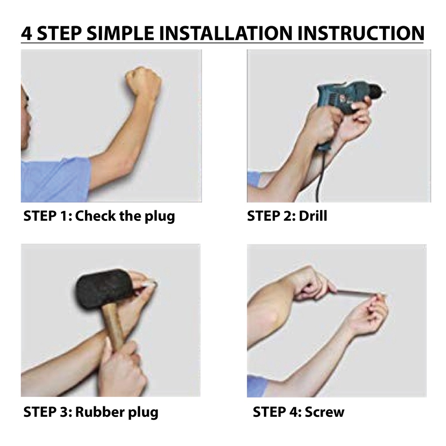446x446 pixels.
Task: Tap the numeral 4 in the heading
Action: (x=27, y=33)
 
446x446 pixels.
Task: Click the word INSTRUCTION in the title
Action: (x=361, y=33)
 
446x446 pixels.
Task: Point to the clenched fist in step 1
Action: (x=144, y=81)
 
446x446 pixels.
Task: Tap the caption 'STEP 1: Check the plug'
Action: (x=99, y=216)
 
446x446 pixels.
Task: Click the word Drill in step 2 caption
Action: (x=313, y=216)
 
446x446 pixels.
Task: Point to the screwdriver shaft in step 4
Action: (x=357, y=293)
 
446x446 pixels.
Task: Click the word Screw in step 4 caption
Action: (x=324, y=412)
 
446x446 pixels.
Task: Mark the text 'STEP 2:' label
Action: (x=271, y=216)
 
